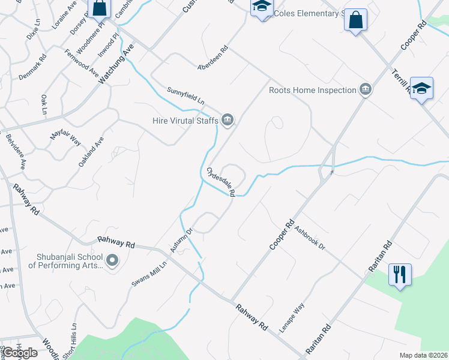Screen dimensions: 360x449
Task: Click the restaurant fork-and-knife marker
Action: click(x=399, y=275)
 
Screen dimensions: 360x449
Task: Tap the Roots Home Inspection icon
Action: click(x=365, y=91)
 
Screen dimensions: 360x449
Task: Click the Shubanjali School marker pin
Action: click(x=112, y=260)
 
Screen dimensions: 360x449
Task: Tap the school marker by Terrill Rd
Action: click(x=421, y=89)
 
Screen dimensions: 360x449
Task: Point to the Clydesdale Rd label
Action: click(x=221, y=181)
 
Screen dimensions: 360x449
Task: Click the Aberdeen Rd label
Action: click(x=213, y=58)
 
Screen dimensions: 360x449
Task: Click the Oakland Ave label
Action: click(x=91, y=151)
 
